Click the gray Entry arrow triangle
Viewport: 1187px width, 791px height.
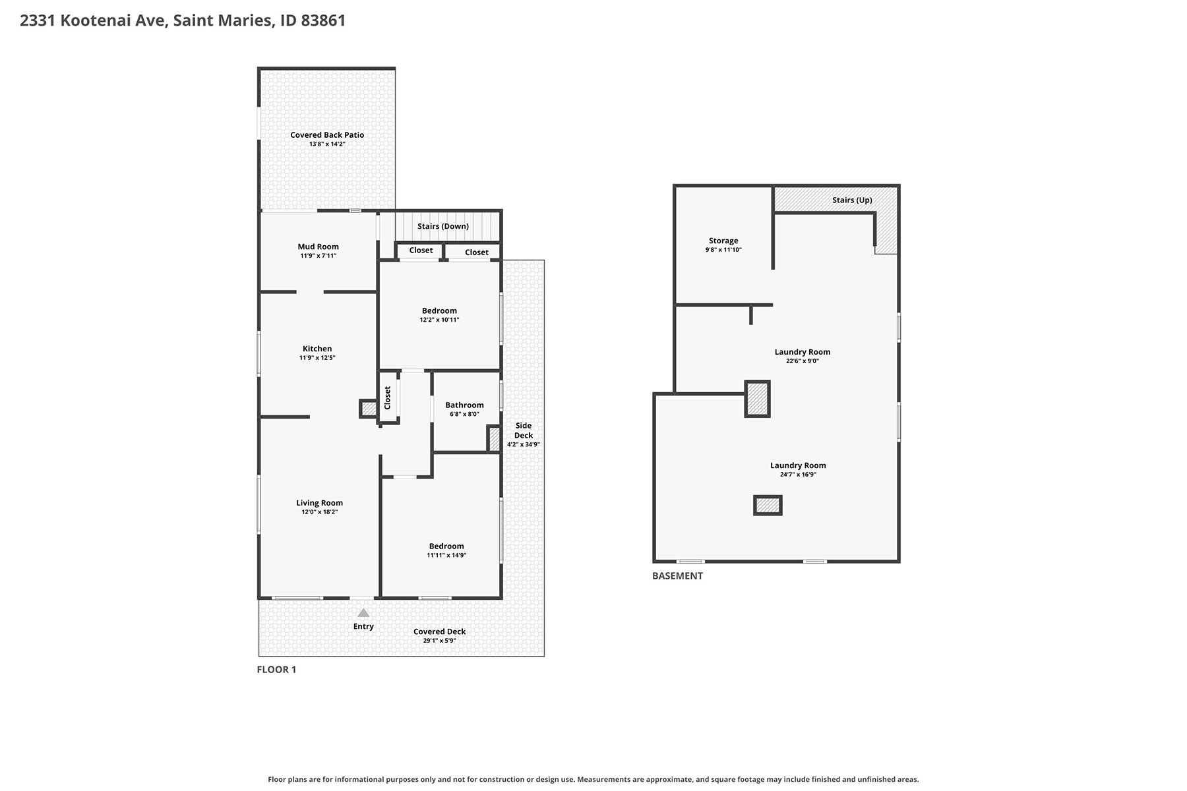click(363, 613)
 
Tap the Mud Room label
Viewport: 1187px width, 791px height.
click(318, 247)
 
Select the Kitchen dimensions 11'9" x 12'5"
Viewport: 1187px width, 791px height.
click(317, 358)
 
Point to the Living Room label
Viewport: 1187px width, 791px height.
click(319, 503)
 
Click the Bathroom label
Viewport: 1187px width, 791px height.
click(464, 405)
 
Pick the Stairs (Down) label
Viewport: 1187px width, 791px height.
click(443, 226)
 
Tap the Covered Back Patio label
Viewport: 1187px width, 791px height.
click(327, 135)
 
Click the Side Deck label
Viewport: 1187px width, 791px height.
click(524, 430)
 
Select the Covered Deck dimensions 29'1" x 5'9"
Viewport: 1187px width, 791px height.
click(439, 641)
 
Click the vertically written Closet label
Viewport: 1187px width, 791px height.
click(388, 397)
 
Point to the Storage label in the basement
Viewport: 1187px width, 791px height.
click(723, 241)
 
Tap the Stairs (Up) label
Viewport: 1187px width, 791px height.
click(852, 200)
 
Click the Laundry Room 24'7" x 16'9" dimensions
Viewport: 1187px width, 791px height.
click(798, 475)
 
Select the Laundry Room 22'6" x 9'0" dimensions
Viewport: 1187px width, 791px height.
click(803, 361)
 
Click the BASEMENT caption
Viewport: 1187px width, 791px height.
click(677, 575)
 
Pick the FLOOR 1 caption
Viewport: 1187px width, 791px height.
click(276, 670)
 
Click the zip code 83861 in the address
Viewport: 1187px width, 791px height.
click(323, 20)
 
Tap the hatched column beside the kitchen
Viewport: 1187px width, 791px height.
click(369, 409)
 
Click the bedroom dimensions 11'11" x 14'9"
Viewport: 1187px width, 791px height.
click(446, 556)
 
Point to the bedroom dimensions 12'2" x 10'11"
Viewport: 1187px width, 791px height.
click(439, 320)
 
